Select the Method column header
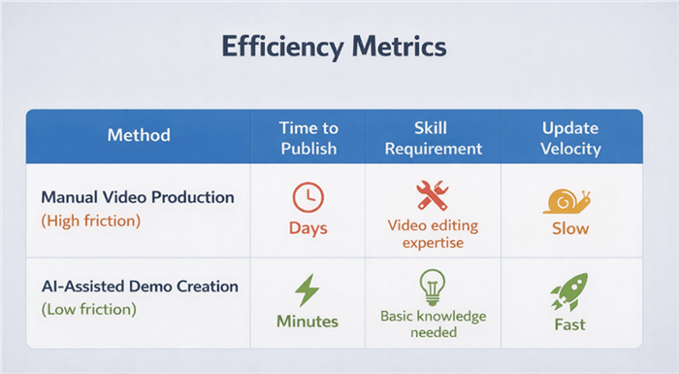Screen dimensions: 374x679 138,135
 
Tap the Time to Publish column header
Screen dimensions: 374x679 307,138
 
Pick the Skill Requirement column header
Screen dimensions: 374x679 432,138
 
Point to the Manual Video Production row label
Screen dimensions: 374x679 138,197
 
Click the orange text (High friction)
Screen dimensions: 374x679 91,221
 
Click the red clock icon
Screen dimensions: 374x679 307,197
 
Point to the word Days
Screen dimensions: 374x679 307,229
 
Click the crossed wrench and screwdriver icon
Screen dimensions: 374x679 432,195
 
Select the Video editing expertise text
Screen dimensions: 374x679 432,232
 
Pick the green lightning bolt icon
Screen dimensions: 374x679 307,289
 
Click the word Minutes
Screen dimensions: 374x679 307,322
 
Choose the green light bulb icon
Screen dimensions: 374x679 432,288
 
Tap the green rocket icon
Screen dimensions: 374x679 568,291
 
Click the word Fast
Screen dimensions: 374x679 569,323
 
